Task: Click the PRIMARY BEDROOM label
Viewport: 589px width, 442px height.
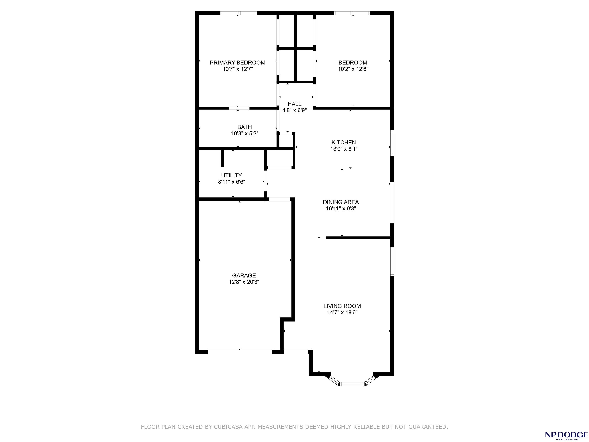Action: [238, 63]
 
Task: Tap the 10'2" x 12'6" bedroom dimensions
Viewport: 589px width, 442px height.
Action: [353, 69]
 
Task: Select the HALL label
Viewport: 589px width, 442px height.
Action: [294, 104]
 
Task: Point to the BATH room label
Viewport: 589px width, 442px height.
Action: [244, 127]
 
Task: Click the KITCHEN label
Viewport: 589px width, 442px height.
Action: [344, 143]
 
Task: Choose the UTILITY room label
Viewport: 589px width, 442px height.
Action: [231, 176]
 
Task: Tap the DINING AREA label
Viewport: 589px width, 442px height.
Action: [341, 202]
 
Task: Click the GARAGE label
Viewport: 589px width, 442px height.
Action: [244, 275]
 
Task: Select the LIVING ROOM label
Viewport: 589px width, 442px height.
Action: [342, 306]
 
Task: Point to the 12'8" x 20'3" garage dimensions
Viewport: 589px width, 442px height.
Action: [244, 282]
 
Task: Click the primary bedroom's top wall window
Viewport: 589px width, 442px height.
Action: [238, 13]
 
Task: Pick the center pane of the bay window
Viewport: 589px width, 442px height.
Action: [352, 384]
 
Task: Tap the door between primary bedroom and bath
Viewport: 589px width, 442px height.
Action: [239, 108]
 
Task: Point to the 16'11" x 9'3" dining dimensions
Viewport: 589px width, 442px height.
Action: [341, 209]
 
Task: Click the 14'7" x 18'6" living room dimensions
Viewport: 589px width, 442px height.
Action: [342, 313]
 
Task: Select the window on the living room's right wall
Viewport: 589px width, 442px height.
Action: [392, 262]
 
